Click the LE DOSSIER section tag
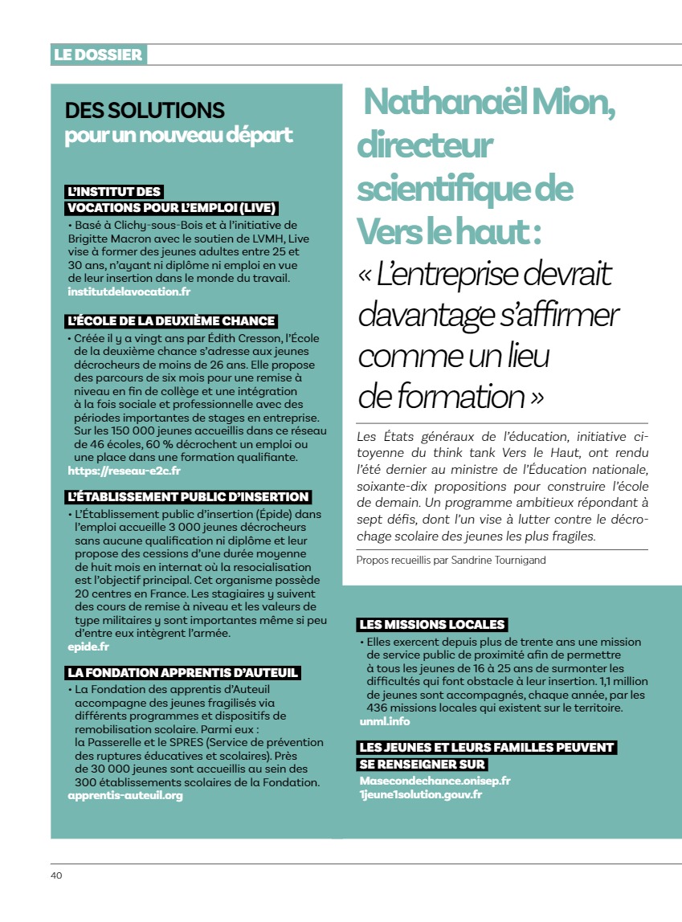(98, 55)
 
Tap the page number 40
(56, 875)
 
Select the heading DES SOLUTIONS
(145, 110)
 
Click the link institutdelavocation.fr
(129, 291)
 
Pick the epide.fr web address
(88, 646)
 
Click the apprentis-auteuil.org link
(125, 795)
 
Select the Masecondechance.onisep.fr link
(435, 780)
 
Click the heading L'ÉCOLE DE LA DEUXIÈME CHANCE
(172, 321)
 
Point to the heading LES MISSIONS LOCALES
(432, 624)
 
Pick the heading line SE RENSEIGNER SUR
(423, 764)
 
